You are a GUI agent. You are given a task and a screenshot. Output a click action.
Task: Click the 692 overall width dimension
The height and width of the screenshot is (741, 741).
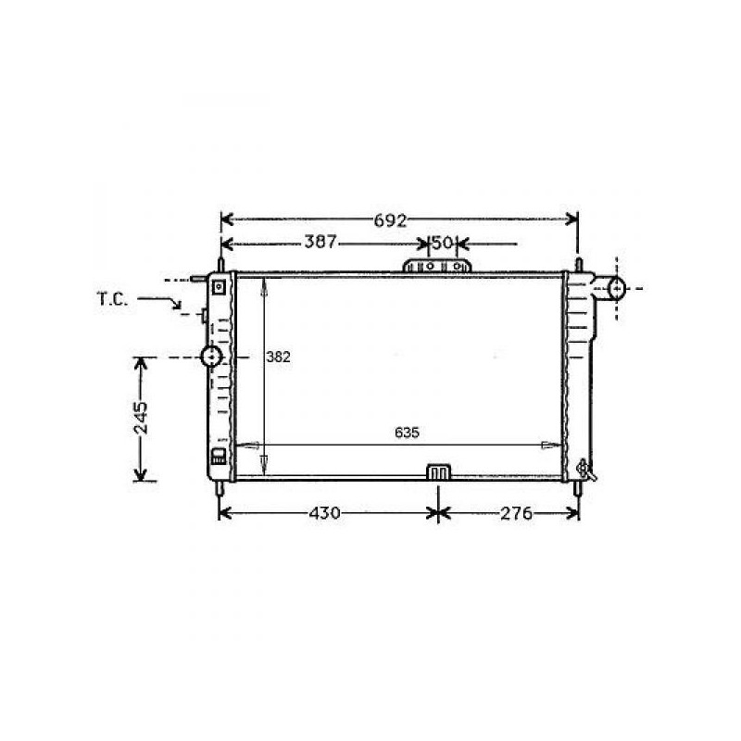pos(390,220)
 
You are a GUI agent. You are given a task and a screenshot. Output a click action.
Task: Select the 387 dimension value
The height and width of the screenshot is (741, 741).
pos(320,242)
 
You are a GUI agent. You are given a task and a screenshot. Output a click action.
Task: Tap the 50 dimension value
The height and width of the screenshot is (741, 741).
pos(443,243)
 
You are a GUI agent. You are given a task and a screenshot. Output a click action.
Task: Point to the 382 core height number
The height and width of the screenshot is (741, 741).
pos(278,357)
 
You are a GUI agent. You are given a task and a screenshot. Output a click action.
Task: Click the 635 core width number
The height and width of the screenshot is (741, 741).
pos(407,433)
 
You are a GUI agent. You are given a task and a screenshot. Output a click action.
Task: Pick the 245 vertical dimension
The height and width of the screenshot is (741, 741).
pos(141,418)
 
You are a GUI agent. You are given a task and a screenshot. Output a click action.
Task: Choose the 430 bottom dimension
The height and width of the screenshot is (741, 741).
pos(324,513)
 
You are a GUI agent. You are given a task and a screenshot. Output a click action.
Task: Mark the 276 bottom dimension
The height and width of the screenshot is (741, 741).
pos(516,513)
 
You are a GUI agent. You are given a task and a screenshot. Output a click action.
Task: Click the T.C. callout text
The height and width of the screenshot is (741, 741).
pos(112,299)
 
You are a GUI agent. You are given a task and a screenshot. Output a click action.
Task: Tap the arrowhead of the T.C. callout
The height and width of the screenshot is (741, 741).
pos(177,306)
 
